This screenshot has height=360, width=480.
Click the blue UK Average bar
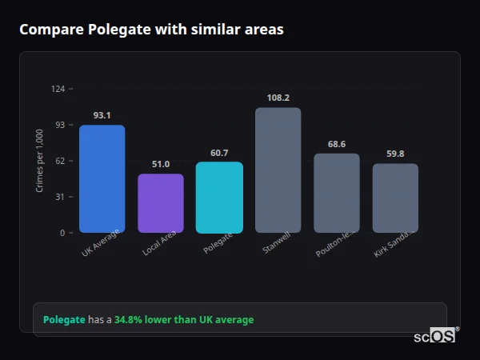point(102,178)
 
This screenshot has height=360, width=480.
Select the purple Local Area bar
point(161,203)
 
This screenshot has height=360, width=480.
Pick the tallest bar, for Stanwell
point(278,170)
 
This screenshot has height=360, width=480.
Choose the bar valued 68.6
point(336,193)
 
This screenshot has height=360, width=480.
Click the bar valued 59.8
point(395,198)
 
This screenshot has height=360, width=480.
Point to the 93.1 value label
point(102,115)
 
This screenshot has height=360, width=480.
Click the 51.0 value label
point(161,164)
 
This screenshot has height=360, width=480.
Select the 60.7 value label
point(219,153)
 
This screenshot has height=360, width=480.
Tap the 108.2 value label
point(278,98)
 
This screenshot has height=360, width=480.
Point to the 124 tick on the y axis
point(58,89)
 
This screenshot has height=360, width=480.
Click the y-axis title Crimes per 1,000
point(40,161)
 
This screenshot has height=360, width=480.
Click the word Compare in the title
point(51,30)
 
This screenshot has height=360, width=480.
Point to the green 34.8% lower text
point(152,320)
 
